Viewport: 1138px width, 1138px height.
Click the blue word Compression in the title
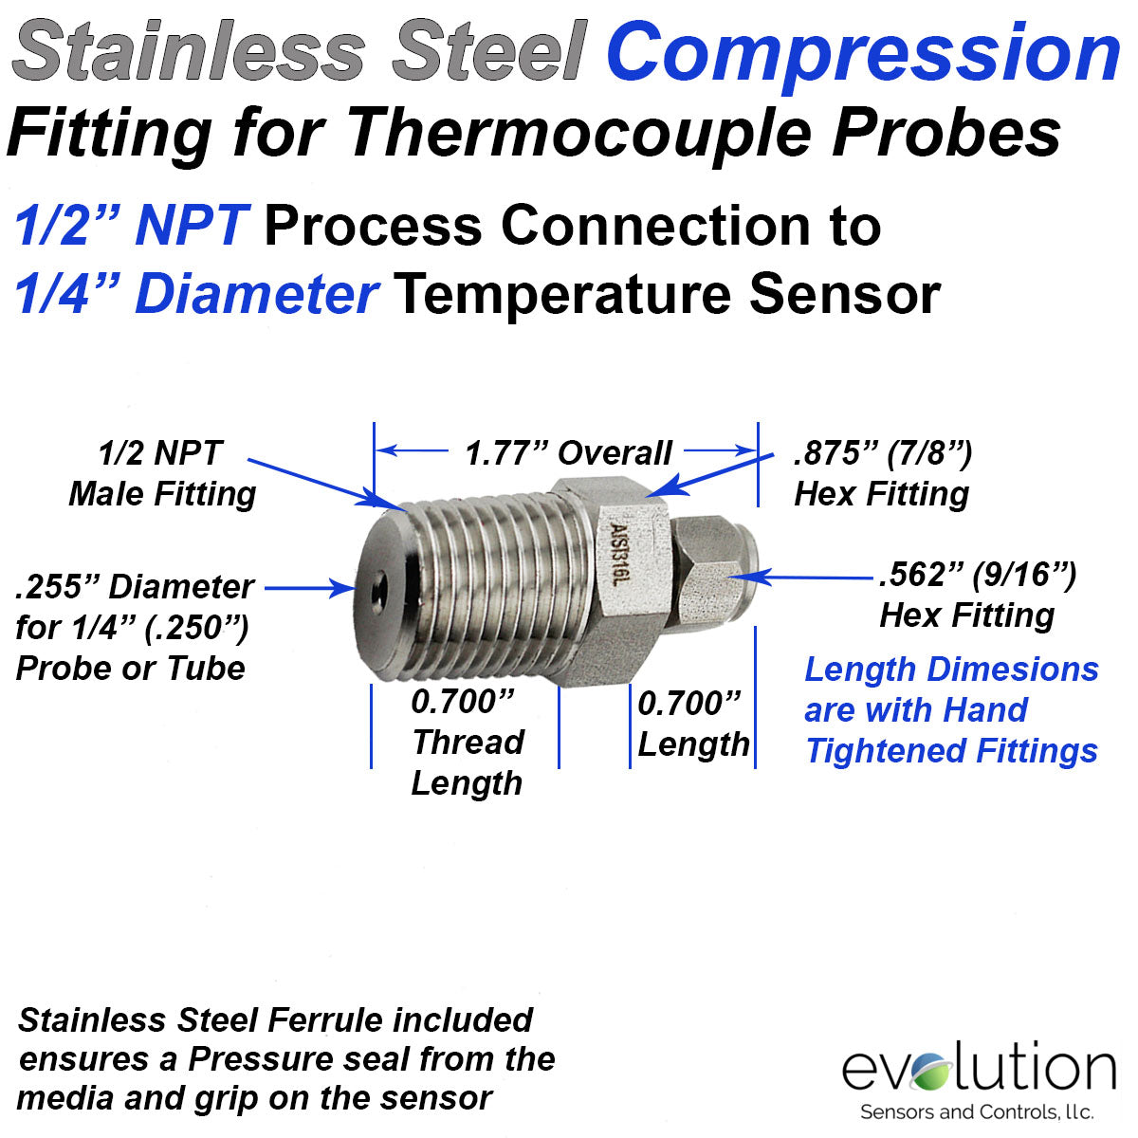pos(864,53)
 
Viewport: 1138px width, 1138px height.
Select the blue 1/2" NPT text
pos(131,226)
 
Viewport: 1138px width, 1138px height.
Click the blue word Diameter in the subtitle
pos(257,294)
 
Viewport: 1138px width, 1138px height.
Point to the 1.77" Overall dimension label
pos(568,453)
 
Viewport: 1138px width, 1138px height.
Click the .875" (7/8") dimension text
pos(883,453)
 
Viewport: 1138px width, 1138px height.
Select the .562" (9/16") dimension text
pos(978,575)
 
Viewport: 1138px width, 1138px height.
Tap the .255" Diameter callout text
pos(135,586)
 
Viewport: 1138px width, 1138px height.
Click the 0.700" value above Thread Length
pos(463,702)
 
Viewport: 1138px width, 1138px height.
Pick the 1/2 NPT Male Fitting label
pos(162,473)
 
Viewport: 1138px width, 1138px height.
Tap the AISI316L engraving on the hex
pos(617,553)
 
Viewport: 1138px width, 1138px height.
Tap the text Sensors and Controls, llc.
pos(977,1111)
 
